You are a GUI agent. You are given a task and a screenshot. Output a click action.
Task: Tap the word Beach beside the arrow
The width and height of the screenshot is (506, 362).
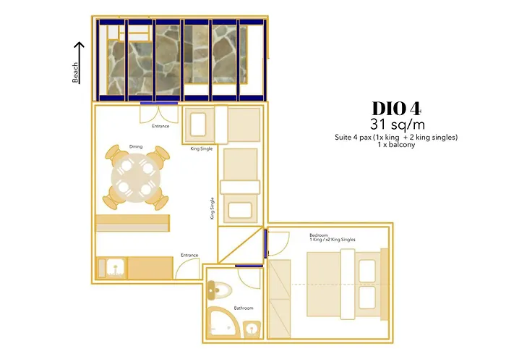click(x=76, y=72)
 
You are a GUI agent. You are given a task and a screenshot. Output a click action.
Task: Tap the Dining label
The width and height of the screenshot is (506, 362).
click(x=136, y=147)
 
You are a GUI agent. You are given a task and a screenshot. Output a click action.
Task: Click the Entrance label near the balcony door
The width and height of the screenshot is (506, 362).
click(x=160, y=127)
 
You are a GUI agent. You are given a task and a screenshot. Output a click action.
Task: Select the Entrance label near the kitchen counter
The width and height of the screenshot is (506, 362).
click(x=189, y=255)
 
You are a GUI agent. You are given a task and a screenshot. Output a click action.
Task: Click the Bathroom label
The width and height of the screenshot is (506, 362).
click(x=243, y=308)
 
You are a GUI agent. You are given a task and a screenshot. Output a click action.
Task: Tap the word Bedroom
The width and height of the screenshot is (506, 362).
click(x=319, y=236)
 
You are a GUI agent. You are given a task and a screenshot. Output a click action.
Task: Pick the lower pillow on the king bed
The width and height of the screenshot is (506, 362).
click(x=367, y=298)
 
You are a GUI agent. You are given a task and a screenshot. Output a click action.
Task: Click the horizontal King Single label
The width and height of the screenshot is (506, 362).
click(x=202, y=149)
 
